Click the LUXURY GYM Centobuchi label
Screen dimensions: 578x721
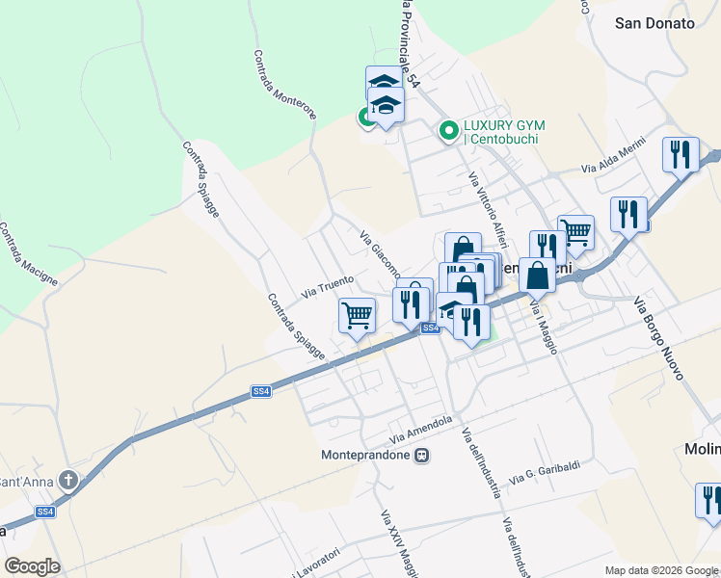click(503, 132)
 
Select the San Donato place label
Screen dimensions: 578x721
click(654, 24)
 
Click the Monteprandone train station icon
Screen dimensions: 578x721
click(421, 456)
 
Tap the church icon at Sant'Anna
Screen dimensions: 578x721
click(68, 480)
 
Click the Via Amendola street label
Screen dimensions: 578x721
click(421, 425)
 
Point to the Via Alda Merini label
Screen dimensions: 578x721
click(612, 165)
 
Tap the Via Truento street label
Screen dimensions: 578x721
click(328, 285)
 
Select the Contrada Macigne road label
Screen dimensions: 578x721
click(29, 255)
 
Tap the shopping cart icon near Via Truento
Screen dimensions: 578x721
click(357, 315)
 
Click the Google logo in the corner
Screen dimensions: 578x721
click(32, 566)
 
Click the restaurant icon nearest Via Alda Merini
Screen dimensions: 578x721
click(681, 155)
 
